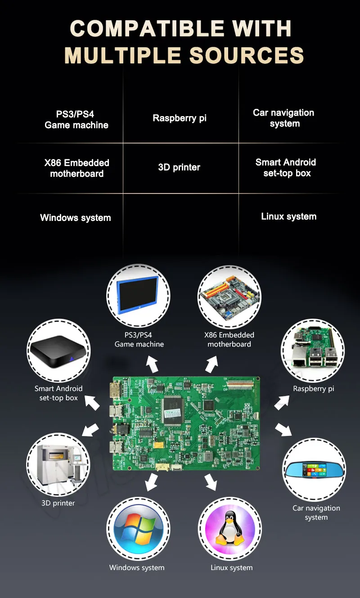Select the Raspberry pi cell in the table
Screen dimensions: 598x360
coord(180,118)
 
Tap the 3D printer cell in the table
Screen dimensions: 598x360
coord(179,167)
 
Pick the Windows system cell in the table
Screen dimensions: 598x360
coord(76,218)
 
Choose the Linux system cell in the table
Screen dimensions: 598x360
coord(288,216)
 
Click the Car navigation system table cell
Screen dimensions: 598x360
coord(283,118)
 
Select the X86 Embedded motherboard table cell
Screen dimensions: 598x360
coord(77,168)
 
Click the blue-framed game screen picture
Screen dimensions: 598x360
coord(138,296)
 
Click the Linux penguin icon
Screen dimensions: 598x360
coord(230,529)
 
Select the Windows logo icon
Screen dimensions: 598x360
coord(138,529)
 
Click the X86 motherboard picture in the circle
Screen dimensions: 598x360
coord(229,296)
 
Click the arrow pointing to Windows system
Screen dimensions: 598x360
coord(151,483)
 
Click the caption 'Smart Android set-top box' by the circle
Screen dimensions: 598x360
coord(58,393)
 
